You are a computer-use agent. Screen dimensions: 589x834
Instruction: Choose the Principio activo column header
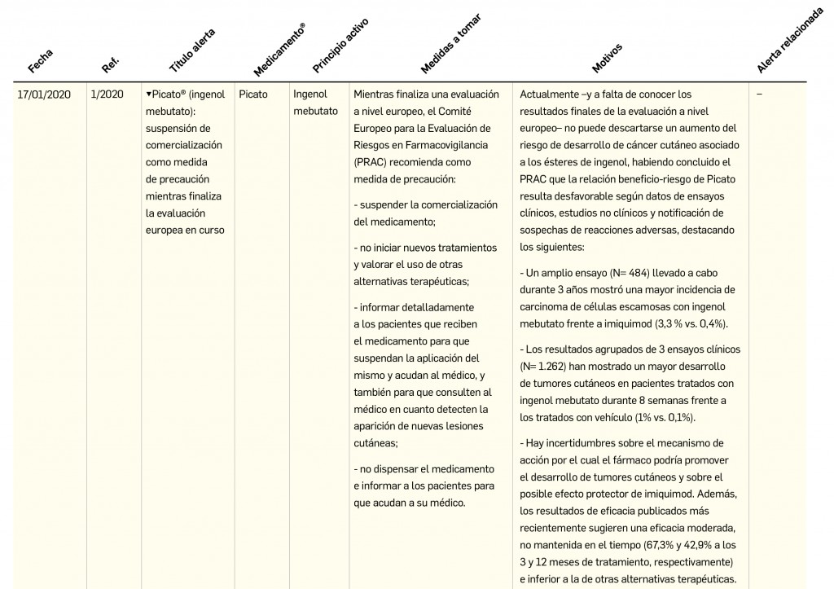pyautogui.click(x=340, y=44)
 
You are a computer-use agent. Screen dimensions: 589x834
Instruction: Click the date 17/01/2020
pyautogui.click(x=44, y=95)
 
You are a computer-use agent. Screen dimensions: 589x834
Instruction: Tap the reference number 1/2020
pyautogui.click(x=108, y=95)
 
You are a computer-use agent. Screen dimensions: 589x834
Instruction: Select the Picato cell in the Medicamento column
pyautogui.click(x=253, y=95)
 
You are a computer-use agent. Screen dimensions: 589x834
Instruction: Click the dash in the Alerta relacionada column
pyautogui.click(x=759, y=95)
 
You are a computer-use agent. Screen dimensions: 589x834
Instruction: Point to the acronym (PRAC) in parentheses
pyautogui.click(x=371, y=162)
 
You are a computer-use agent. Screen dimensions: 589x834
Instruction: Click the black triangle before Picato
pyautogui.click(x=149, y=95)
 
